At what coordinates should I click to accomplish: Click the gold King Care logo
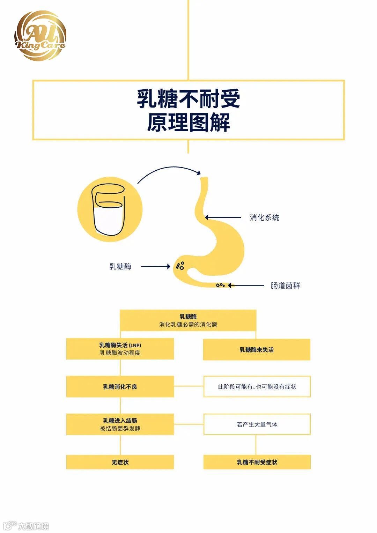pos(40,36)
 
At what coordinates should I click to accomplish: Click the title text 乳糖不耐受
pos(188,99)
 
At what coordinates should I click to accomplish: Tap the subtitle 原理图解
pos(188,123)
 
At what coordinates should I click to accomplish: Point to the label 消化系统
pos(264,218)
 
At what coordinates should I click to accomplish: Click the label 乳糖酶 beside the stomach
pos(120,267)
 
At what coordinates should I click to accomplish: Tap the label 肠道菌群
pos(285,286)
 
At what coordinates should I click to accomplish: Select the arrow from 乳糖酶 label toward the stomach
pos(155,267)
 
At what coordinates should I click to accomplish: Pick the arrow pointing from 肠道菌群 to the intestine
pos(246,286)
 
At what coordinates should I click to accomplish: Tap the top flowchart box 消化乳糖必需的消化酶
pos(188,320)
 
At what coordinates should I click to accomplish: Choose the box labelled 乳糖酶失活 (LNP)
pos(120,349)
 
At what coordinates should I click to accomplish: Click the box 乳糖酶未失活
pos(257,350)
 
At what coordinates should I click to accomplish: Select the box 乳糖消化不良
pos(120,387)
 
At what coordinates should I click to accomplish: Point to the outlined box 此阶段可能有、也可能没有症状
pos(257,387)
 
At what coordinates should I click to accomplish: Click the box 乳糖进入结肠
pos(120,424)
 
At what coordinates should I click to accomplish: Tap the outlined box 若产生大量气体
pos(257,424)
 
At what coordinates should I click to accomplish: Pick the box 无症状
pos(120,462)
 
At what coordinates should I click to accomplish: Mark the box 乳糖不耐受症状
pos(257,462)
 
